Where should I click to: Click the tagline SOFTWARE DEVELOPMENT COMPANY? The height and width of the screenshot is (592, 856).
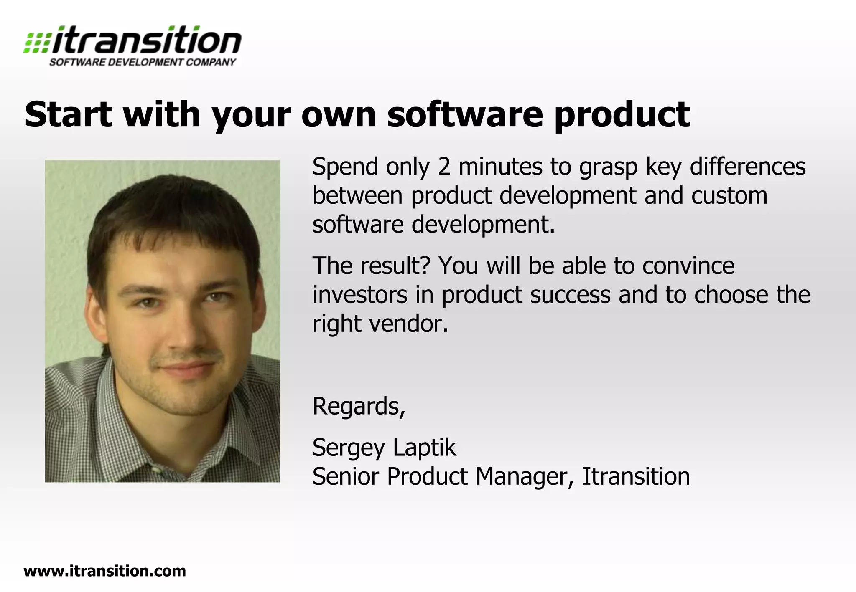[143, 63]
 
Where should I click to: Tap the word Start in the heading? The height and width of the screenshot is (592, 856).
[69, 114]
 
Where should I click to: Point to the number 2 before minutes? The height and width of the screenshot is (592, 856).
[444, 167]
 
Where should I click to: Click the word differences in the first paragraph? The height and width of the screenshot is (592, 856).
[747, 167]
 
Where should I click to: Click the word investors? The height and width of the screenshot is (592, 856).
[360, 295]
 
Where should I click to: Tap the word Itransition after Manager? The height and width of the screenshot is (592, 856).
[636, 476]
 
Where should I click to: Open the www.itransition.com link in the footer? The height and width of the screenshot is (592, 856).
[105, 571]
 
